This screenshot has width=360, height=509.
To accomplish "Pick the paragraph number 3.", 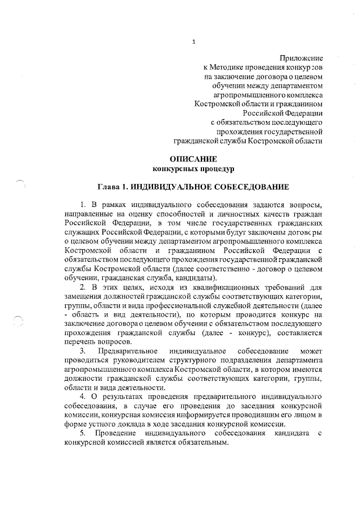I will [x=82, y=352].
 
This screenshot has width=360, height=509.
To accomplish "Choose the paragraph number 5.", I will [x=82, y=434].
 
